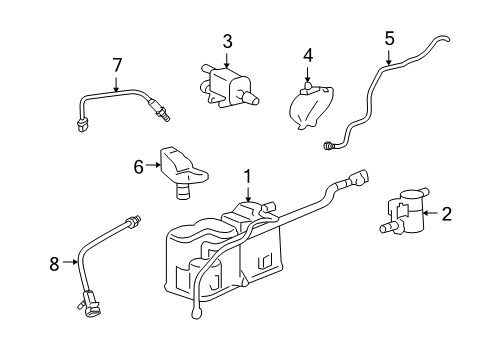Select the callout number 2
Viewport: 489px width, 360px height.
[446, 212]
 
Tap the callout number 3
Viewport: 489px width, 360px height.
[227, 41]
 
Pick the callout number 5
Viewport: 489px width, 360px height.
[389, 39]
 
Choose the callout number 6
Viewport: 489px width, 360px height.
[140, 168]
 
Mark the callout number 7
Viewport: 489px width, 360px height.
[117, 65]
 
